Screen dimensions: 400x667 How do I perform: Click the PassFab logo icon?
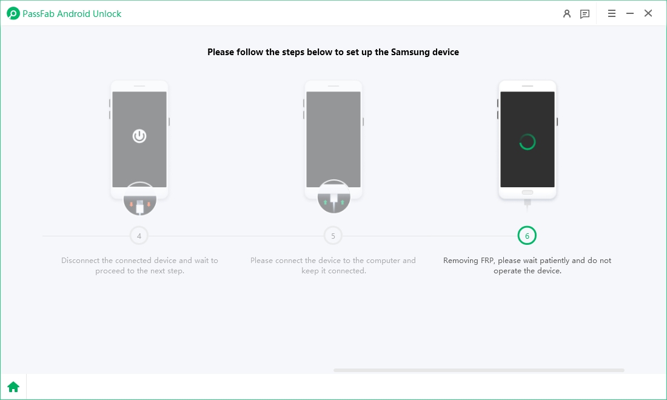(x=13, y=13)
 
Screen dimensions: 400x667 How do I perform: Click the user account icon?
(x=567, y=13)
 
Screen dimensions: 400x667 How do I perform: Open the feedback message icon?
(x=585, y=13)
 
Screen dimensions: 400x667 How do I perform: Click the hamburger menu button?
(x=612, y=13)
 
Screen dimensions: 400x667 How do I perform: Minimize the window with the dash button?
(x=630, y=13)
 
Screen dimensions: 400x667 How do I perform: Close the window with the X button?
(x=648, y=13)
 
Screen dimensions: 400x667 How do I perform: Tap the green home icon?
(x=13, y=387)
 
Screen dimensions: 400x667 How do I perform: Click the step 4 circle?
(x=139, y=236)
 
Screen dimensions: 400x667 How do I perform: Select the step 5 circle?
(x=333, y=236)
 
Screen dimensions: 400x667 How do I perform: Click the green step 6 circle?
(x=527, y=236)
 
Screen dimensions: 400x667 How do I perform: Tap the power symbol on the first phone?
(x=139, y=136)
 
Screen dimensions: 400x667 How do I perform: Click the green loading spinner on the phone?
(x=528, y=142)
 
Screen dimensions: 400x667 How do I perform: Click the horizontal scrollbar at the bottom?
(x=478, y=370)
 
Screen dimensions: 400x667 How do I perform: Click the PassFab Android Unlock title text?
(x=72, y=13)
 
